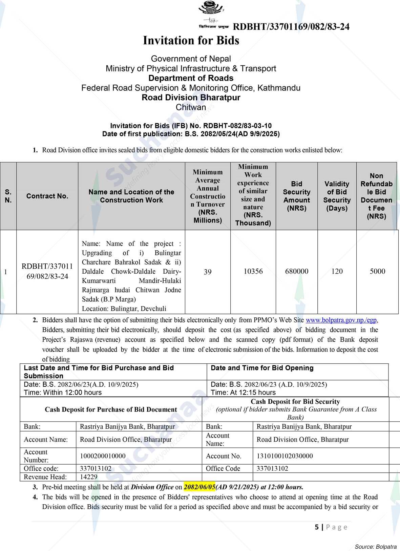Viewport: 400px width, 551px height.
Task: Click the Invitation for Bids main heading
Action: click(191, 41)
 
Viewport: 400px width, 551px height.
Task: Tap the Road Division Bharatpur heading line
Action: click(191, 98)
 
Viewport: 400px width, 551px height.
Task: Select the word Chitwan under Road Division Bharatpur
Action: click(191, 107)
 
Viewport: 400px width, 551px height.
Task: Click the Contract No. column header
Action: click(47, 196)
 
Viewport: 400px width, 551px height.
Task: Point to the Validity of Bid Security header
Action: click(337, 196)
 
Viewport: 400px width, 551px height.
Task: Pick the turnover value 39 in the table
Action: click(208, 272)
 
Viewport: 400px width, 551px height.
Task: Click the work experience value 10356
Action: click(253, 271)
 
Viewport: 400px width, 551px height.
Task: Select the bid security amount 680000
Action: click(297, 271)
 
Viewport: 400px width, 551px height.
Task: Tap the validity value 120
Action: click(337, 271)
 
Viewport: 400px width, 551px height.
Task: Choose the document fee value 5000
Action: click(377, 271)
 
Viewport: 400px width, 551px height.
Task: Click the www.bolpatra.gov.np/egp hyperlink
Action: click(341, 320)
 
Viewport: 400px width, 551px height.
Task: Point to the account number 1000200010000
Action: click(103, 456)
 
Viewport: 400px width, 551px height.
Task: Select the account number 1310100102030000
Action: click(285, 456)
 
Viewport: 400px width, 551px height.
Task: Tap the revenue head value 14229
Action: click(89, 477)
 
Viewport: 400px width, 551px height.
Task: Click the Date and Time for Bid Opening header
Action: click(262, 368)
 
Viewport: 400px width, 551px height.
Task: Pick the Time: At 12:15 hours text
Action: click(243, 393)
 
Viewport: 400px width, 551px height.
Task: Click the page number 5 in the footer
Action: click(317, 527)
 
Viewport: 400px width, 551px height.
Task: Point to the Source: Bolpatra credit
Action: click(376, 547)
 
